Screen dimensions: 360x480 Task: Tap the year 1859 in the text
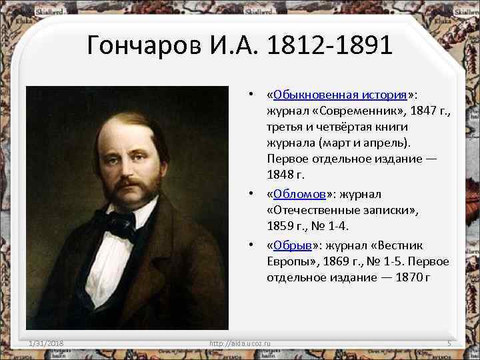[279, 227]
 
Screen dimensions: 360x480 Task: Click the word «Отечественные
[307, 211]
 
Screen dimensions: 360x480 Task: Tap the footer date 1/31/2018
[46, 343]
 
